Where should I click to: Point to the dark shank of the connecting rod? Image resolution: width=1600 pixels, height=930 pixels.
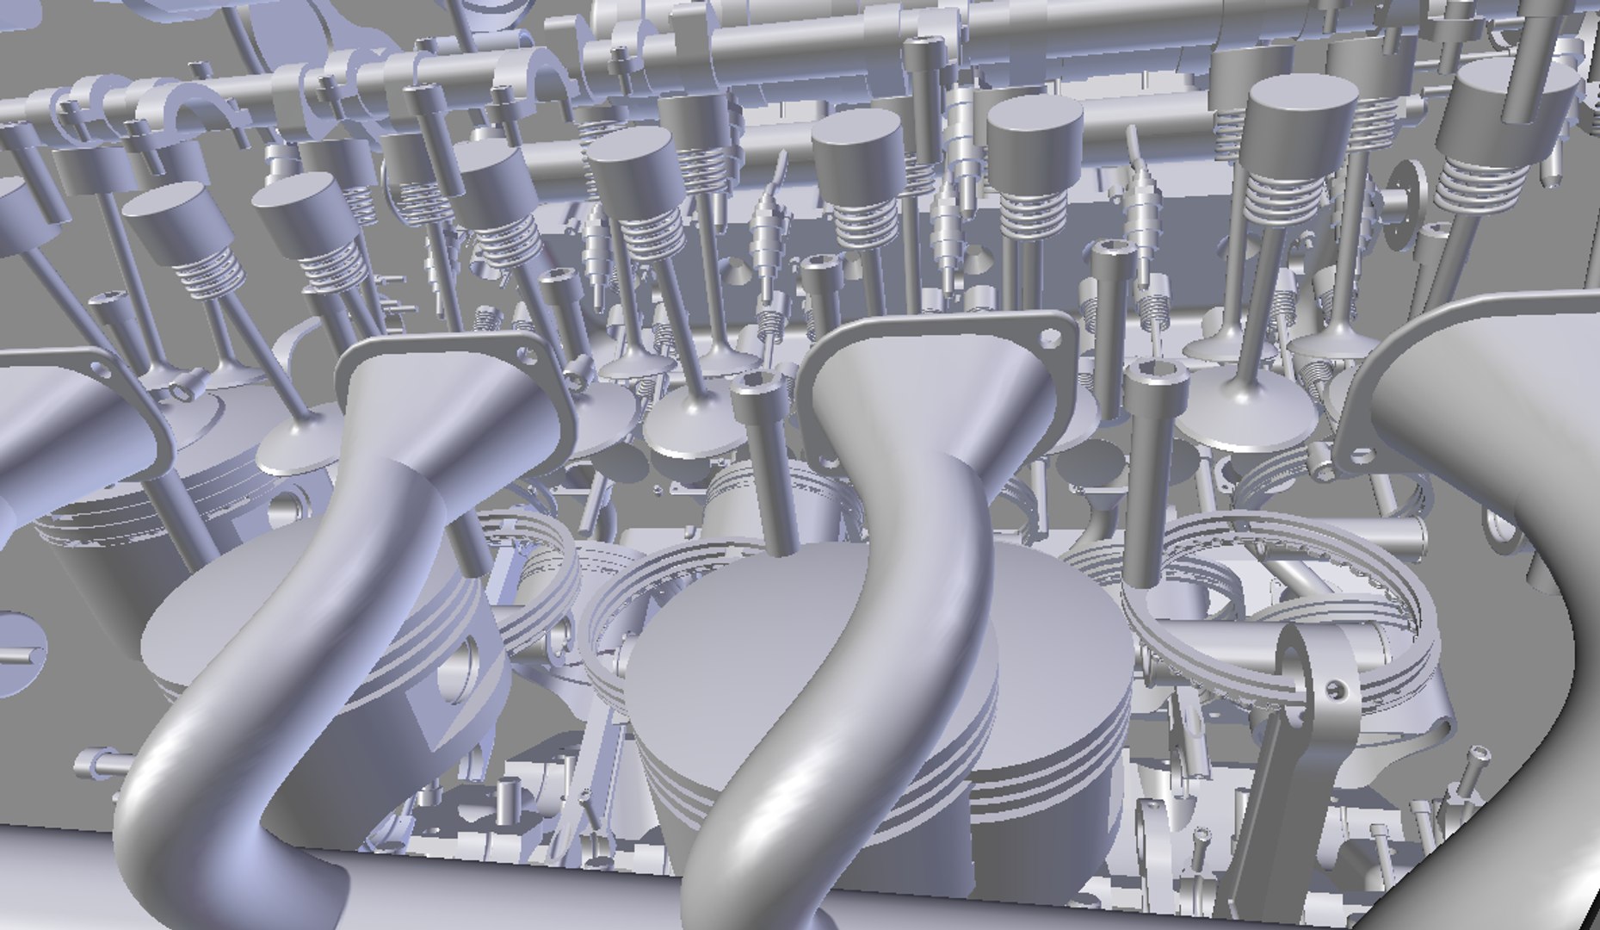point(1265,818)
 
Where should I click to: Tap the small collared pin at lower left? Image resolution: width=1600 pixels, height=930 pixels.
point(96,762)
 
